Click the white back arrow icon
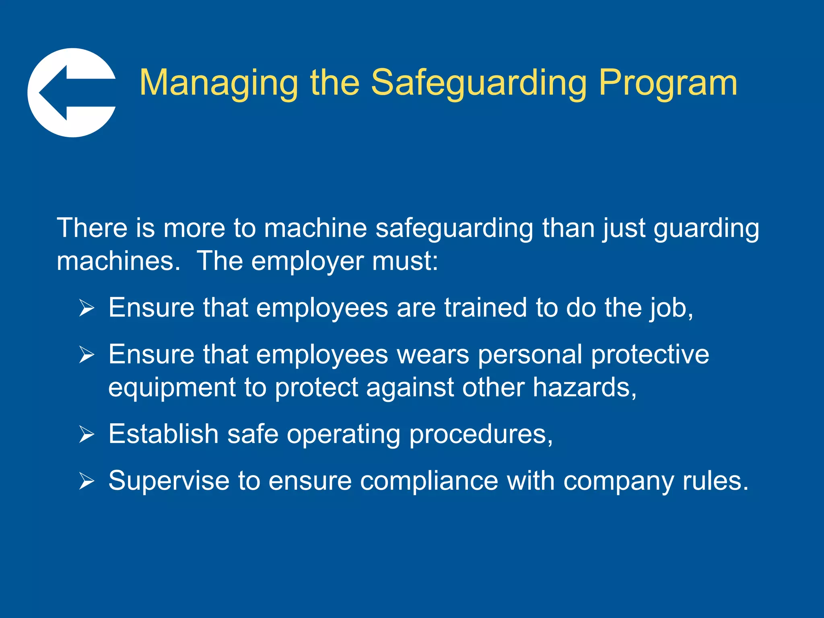point(72,93)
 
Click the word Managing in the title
point(218,83)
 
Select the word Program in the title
point(668,83)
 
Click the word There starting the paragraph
point(92,228)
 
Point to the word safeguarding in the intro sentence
point(454,229)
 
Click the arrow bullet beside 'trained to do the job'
point(87,308)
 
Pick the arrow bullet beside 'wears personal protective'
point(87,355)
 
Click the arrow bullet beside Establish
point(87,435)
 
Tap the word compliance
point(429,481)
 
